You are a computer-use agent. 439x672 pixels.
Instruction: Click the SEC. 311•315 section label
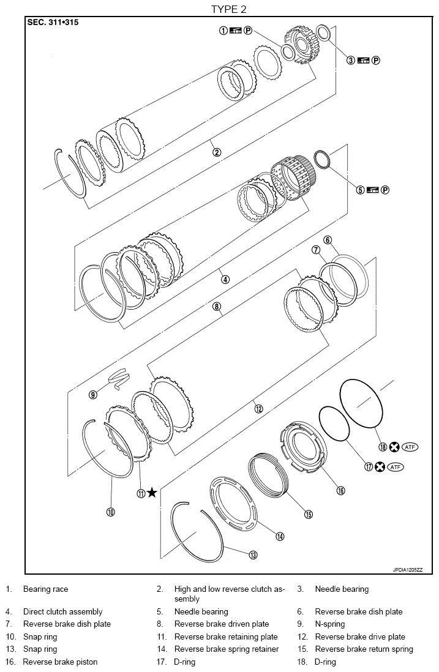(x=53, y=23)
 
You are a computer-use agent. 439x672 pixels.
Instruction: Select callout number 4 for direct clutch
(x=225, y=279)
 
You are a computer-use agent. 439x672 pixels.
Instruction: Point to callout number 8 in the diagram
(x=217, y=306)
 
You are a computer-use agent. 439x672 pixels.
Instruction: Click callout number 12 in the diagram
(x=258, y=408)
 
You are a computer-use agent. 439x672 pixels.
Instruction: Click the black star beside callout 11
(x=152, y=493)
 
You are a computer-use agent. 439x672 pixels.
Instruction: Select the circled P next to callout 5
(x=385, y=190)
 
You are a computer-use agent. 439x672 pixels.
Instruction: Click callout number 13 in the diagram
(x=252, y=555)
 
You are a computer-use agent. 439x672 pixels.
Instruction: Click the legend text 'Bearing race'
(x=45, y=589)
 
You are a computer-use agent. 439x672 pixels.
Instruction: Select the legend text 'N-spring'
(x=329, y=624)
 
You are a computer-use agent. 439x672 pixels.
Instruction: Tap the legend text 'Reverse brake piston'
(x=60, y=662)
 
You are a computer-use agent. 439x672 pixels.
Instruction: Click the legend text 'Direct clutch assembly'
(x=62, y=611)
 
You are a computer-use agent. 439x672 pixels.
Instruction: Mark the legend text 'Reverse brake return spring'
(x=364, y=649)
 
